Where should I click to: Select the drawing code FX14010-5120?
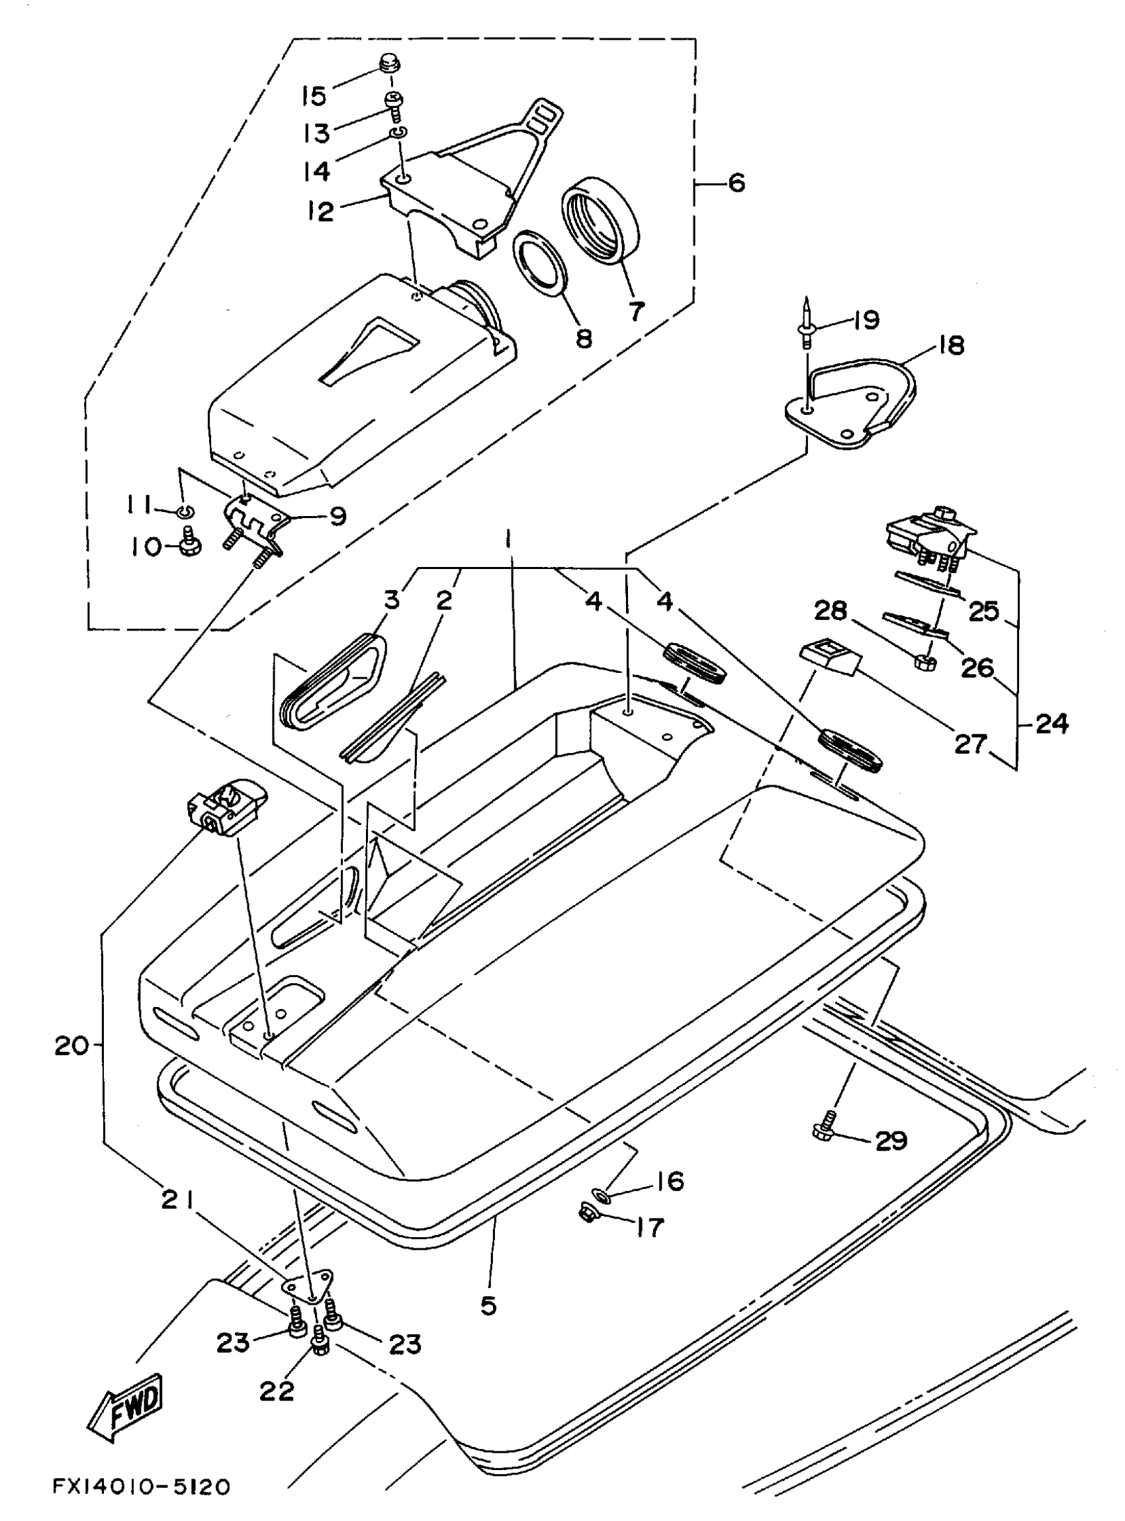[141, 1487]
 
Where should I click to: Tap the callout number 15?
[313, 96]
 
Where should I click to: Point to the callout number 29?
[891, 1140]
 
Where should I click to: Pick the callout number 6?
[736, 183]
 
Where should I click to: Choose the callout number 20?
[71, 1045]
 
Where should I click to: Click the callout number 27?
[969, 744]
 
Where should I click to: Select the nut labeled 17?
[586, 1211]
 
